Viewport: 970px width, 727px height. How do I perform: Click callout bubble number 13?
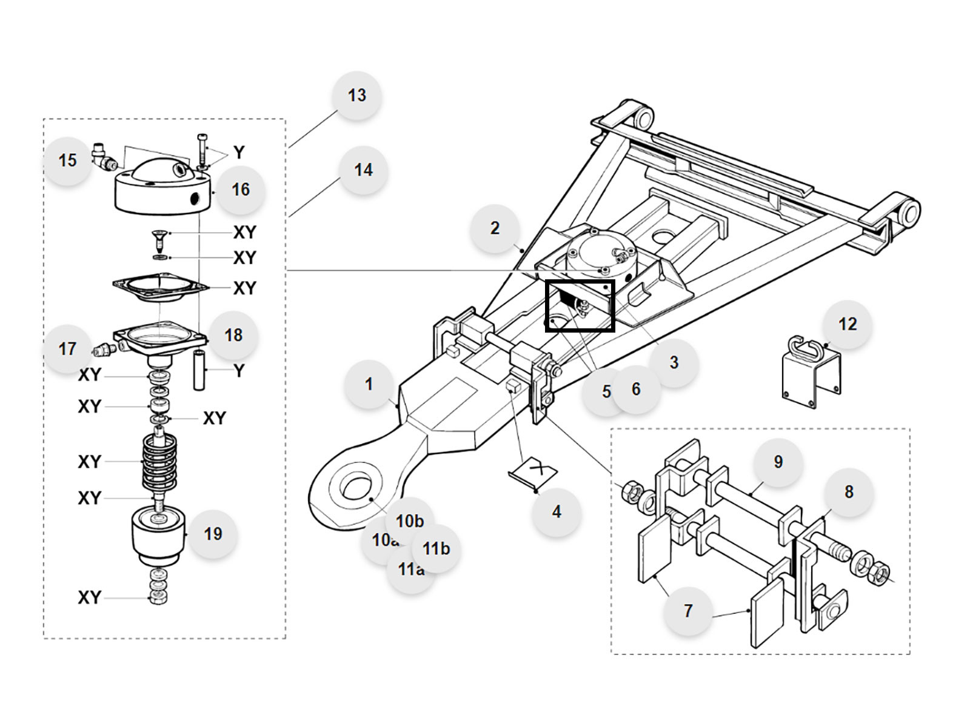356,95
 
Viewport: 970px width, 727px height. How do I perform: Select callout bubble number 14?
363,170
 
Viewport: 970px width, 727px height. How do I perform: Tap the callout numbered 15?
67,161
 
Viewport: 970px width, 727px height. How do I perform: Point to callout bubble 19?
213,534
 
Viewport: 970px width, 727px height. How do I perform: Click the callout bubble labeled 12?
848,324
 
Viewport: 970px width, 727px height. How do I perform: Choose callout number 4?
557,512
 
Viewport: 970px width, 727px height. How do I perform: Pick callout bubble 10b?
410,521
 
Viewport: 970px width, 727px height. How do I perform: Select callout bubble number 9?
778,462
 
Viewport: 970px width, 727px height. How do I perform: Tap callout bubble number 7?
687,611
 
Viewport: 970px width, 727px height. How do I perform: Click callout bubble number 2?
495,228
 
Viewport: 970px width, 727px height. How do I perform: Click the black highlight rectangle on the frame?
580,306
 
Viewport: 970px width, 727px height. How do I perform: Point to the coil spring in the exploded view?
159,463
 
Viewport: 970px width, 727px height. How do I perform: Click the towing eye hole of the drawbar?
355,485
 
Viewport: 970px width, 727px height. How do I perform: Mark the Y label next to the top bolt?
239,152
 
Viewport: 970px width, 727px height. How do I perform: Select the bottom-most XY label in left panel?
89,597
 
